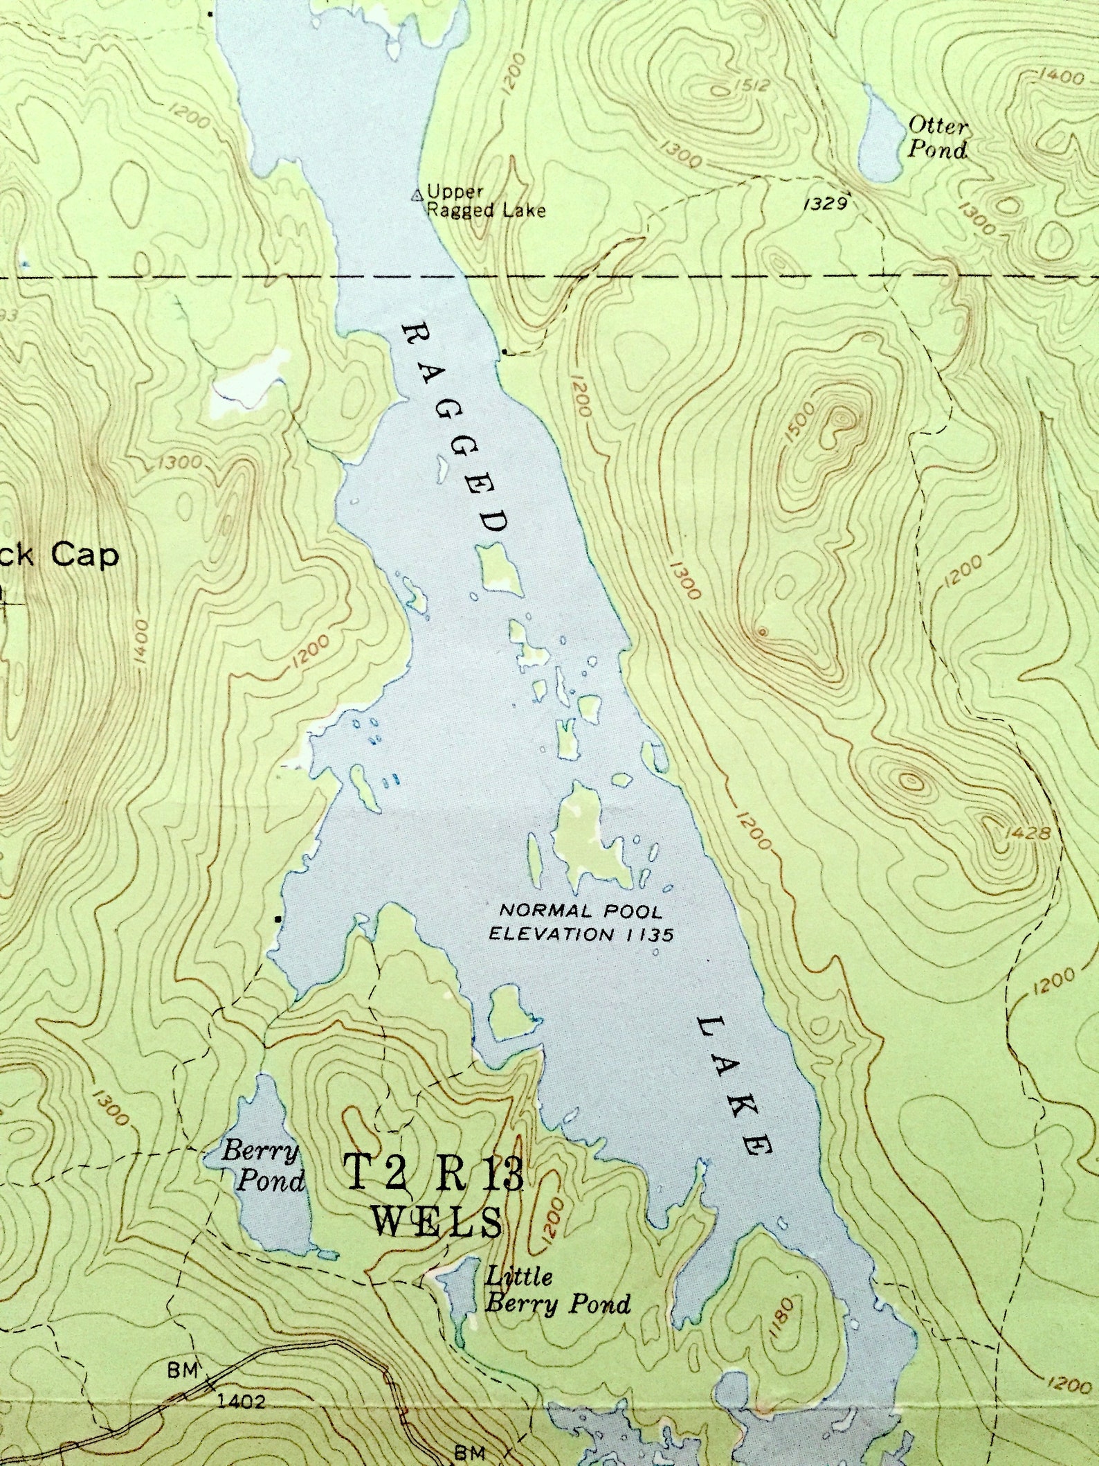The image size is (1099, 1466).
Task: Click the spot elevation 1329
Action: pyautogui.click(x=826, y=204)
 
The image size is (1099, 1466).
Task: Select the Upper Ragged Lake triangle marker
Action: pyautogui.click(x=417, y=196)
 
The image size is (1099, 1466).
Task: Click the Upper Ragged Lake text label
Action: pyautogui.click(x=484, y=201)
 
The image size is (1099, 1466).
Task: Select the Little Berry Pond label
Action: pyautogui.click(x=557, y=1289)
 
